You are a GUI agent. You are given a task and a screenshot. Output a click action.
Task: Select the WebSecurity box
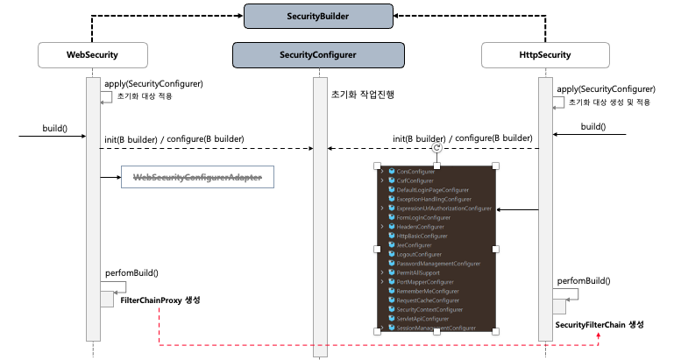tap(93, 55)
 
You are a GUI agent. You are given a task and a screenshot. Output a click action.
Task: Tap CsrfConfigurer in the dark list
tap(415, 180)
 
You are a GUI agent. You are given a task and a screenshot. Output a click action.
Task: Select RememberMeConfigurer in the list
tap(427, 291)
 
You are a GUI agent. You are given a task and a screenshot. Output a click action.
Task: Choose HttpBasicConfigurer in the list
tap(422, 236)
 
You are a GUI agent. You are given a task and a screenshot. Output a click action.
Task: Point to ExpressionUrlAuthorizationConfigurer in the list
tap(443, 208)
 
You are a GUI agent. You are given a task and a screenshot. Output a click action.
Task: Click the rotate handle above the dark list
tap(436, 149)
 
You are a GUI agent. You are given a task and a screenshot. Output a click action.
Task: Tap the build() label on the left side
tap(54, 129)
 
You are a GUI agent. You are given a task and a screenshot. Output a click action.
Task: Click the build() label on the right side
tap(592, 126)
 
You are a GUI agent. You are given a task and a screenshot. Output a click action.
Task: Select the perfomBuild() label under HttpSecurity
tap(583, 282)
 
